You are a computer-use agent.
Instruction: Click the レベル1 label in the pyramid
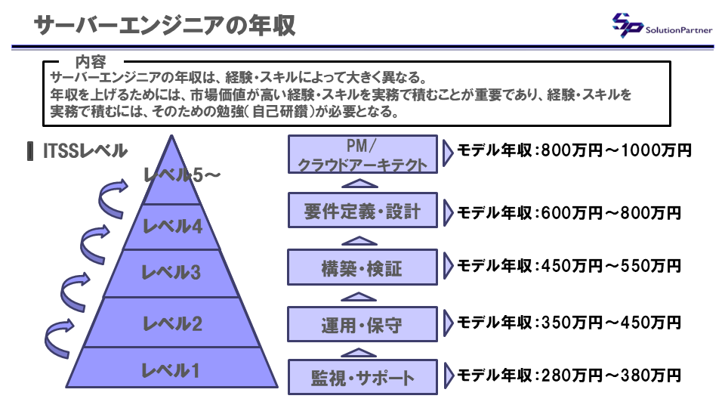click(x=171, y=370)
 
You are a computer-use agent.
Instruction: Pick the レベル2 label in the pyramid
click(x=172, y=324)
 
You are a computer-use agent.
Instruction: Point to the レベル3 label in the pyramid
click(x=171, y=272)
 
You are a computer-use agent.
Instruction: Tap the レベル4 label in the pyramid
click(x=172, y=225)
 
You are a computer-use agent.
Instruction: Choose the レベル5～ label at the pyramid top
click(x=182, y=175)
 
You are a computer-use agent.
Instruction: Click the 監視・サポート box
click(x=362, y=376)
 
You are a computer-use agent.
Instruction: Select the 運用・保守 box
click(x=362, y=324)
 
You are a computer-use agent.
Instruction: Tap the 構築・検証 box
click(x=362, y=267)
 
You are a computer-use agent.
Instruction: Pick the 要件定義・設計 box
click(x=362, y=209)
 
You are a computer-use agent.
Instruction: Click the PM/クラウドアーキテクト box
click(x=362, y=154)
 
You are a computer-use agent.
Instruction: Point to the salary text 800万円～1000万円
click(x=615, y=150)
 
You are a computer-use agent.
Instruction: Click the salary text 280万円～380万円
click(x=610, y=375)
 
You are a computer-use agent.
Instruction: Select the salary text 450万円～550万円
click(x=610, y=266)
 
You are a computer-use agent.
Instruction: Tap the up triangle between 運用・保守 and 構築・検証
click(x=363, y=295)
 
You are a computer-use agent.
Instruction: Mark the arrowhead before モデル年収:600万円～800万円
click(x=449, y=213)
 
